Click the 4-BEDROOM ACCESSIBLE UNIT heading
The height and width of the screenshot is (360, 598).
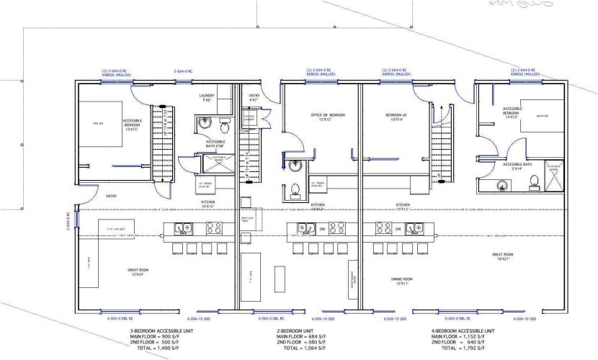[460, 330]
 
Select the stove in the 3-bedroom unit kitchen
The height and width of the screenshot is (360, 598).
[214, 228]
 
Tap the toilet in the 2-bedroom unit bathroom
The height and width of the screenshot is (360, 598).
[295, 191]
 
